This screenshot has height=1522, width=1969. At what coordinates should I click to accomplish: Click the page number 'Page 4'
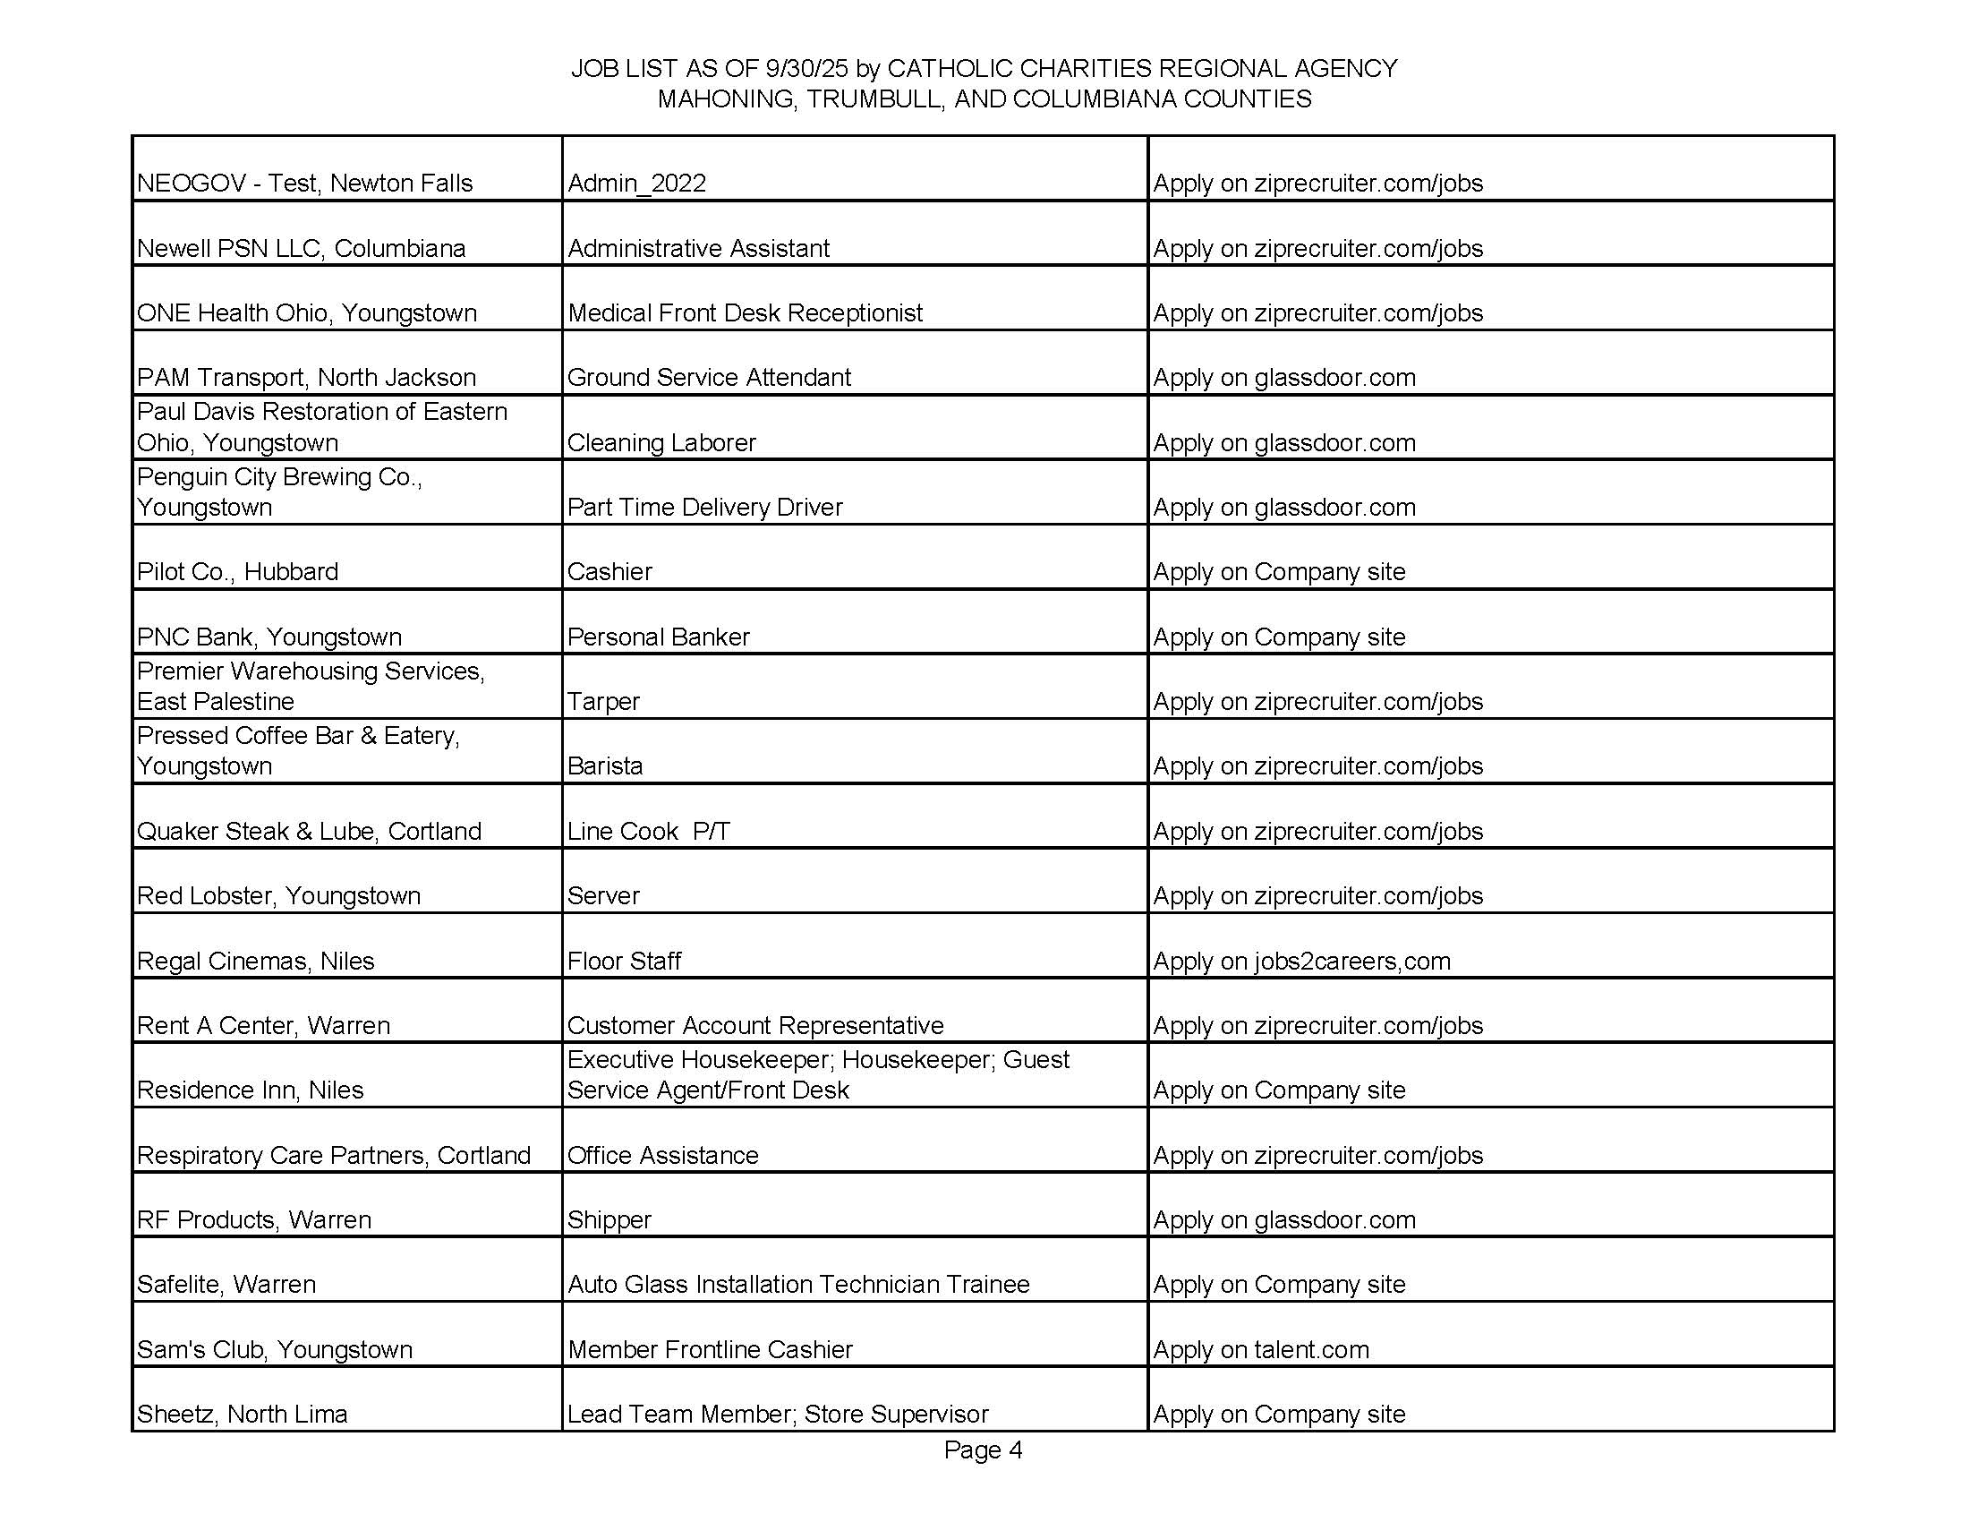coord(983,1449)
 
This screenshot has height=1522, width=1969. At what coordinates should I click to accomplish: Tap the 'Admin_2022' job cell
coord(636,183)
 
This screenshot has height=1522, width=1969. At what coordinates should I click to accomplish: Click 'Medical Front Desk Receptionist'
coord(745,312)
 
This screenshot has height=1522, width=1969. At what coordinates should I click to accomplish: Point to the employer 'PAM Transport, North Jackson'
coord(306,377)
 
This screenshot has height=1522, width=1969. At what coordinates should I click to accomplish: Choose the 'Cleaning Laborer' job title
coord(661,442)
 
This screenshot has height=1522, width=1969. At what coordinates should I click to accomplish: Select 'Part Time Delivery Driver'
coord(704,507)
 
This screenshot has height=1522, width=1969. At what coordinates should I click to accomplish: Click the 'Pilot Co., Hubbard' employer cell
coord(238,572)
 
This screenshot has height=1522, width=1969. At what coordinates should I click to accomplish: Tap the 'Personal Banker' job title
coord(658,637)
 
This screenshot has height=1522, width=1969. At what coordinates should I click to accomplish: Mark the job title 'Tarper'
coord(603,702)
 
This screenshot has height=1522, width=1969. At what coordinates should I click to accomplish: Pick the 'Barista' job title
coord(605,765)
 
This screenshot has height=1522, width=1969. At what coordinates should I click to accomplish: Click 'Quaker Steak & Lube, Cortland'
coord(310,831)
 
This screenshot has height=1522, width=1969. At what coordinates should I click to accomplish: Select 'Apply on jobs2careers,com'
coord(1302,961)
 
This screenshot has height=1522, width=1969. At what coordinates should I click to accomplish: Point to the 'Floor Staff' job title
coord(624,961)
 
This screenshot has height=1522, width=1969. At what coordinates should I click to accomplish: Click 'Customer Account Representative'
coord(755,1025)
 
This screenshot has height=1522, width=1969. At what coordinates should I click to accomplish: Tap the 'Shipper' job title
coord(609,1219)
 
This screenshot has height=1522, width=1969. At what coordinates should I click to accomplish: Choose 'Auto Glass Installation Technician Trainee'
coord(797,1284)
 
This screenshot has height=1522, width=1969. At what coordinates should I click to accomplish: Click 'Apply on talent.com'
coord(1260,1349)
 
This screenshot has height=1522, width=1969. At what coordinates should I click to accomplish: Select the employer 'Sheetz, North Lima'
coord(243,1414)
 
